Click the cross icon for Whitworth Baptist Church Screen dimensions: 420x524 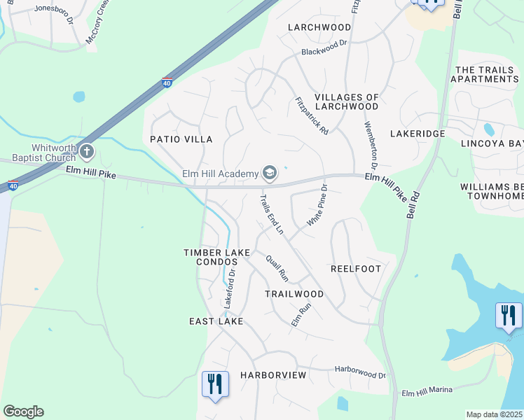86,150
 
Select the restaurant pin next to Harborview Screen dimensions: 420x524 214,384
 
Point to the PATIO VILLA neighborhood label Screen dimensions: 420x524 181,139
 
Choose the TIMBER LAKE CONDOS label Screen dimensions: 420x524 211,257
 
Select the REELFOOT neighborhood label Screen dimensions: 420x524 355,269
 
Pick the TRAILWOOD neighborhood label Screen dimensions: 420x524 294,294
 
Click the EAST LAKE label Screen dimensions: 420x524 216,321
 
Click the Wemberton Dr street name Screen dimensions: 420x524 370,146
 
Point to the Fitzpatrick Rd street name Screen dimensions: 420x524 312,115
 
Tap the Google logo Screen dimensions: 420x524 23,412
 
